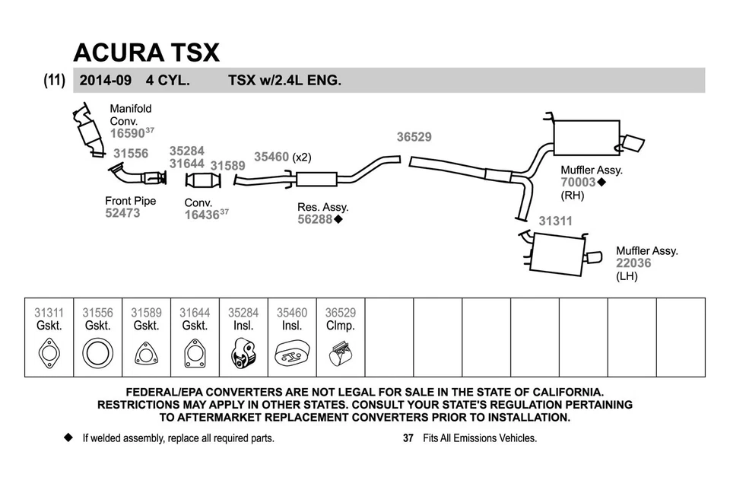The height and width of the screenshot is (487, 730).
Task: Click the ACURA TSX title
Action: tap(146, 52)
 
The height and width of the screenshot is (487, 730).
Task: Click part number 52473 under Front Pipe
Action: tap(122, 214)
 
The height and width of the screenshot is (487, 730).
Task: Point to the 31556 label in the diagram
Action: tap(131, 154)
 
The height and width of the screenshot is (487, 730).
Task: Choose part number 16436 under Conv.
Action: tap(202, 215)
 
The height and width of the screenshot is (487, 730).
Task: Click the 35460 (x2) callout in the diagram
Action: tap(282, 157)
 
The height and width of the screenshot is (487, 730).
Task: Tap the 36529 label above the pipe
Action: tap(414, 138)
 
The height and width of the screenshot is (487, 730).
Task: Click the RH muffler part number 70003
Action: tap(578, 183)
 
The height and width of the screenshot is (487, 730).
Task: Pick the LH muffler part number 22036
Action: tap(633, 263)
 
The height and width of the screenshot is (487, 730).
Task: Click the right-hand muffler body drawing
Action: tap(586, 139)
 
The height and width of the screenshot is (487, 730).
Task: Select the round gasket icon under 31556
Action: tap(97, 355)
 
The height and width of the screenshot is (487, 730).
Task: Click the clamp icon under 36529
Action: tap(340, 355)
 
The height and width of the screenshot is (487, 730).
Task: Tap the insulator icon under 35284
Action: tap(243, 355)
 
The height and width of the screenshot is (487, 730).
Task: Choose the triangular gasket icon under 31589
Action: tap(145, 355)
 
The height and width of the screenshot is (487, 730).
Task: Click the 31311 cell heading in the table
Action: tap(49, 313)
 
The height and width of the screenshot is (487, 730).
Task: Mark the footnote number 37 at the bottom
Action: tap(408, 438)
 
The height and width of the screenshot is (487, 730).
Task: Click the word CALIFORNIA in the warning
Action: tap(557, 392)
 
